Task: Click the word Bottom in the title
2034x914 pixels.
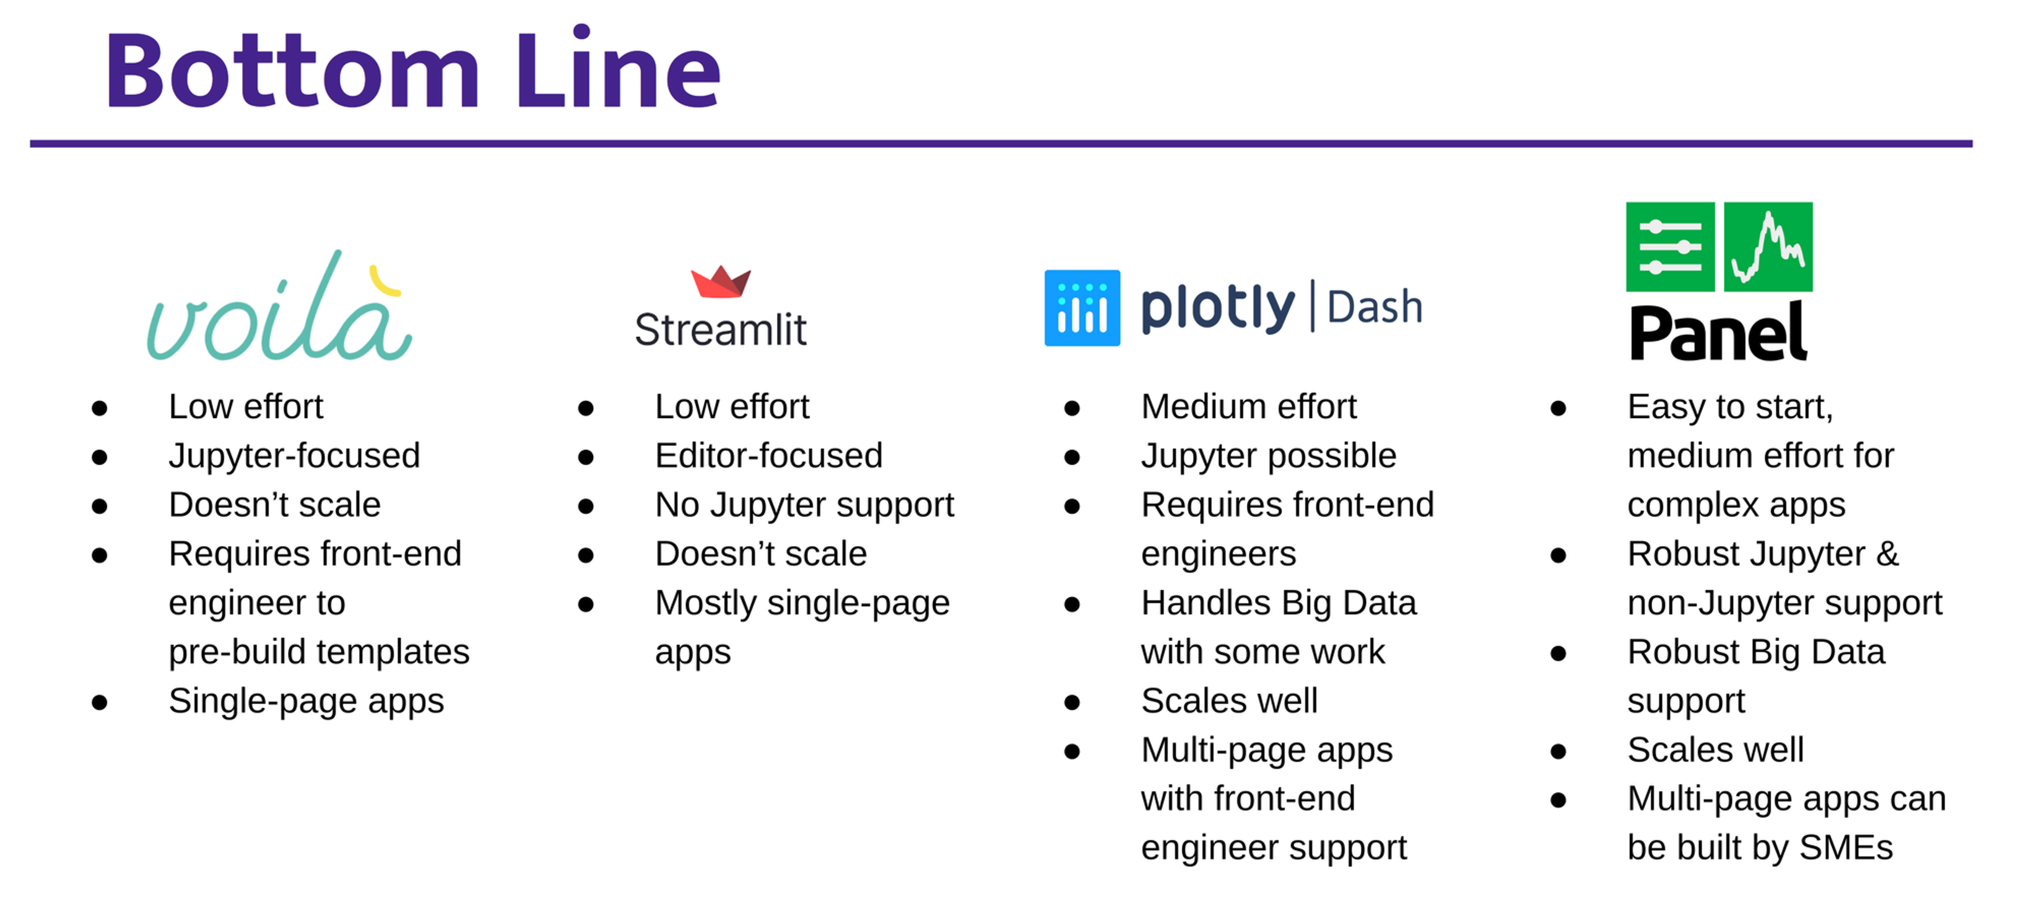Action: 292,71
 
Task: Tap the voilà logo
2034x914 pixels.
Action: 278,312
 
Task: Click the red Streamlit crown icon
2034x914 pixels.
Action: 720,282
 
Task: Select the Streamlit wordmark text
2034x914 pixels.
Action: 720,330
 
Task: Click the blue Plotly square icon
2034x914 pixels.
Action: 1082,308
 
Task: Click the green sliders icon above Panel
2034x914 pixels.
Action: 1669,246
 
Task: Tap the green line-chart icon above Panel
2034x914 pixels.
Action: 1768,246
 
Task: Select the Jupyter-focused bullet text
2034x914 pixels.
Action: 295,456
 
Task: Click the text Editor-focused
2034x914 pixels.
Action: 768,456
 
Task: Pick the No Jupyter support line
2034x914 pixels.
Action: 804,505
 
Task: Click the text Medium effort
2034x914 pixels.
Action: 1248,407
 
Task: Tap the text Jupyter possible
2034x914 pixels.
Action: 1268,456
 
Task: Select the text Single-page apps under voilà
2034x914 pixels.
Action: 306,701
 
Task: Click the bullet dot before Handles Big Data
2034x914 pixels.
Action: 1071,604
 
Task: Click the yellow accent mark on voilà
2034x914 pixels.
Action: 385,282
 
